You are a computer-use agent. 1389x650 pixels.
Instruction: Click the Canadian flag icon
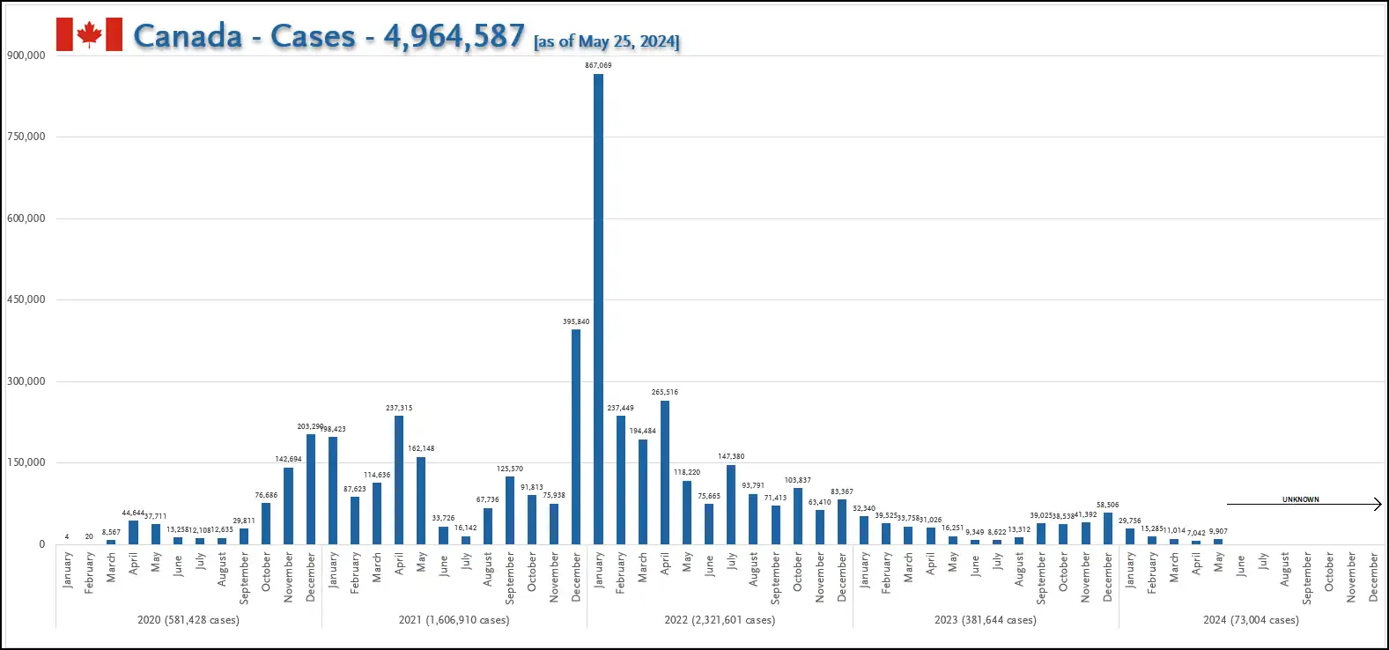pos(89,34)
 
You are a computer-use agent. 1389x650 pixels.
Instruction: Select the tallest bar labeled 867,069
pos(598,308)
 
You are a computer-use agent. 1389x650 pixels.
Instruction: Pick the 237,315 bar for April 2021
pos(399,480)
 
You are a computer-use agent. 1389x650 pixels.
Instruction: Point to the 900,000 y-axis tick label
pos(26,55)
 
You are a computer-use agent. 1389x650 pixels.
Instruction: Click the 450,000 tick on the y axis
pos(26,299)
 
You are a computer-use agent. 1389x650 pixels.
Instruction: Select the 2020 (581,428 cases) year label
pos(188,620)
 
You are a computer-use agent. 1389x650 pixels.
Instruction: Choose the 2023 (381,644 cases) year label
pos(986,620)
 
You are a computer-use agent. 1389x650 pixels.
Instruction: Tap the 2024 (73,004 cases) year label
pos(1251,620)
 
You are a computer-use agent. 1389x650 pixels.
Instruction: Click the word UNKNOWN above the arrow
pos(1300,499)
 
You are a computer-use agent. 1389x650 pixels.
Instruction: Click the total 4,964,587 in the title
pos(454,36)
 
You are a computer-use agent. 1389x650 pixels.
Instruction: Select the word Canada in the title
pos(188,36)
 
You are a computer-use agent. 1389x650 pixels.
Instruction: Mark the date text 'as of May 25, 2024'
pos(607,41)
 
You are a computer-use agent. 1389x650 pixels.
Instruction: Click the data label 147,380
pos(731,456)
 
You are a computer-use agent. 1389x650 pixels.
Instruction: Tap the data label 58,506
pos(1107,505)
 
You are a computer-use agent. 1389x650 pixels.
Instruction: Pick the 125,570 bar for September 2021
pos(510,510)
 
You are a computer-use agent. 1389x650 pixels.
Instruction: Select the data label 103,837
pos(798,480)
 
